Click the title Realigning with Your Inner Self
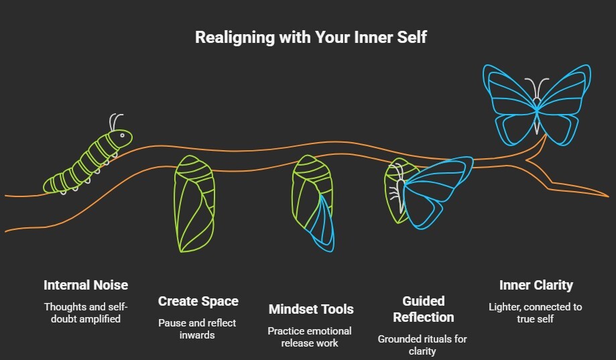(310, 37)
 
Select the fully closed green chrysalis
(195, 204)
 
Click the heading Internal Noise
(85, 285)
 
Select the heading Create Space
(198, 301)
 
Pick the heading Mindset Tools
(310, 309)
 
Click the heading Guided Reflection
(423, 308)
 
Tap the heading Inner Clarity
(536, 285)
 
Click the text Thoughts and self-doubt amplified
(85, 312)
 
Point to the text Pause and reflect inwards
(198, 328)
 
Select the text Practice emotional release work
(310, 337)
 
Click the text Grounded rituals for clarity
(423, 345)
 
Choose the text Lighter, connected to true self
(536, 312)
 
